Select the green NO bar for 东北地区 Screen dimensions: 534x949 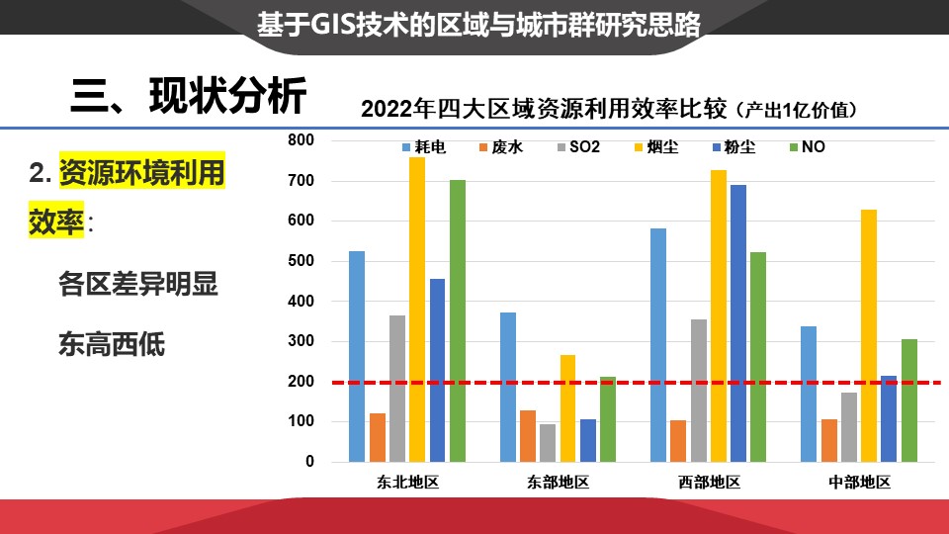click(x=457, y=320)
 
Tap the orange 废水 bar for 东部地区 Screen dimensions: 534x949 click(x=528, y=435)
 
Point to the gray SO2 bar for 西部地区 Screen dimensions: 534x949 click(x=698, y=390)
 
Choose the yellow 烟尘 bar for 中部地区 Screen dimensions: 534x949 click(x=869, y=335)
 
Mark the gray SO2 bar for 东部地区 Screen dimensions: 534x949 click(x=548, y=442)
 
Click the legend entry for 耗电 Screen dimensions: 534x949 click(x=423, y=147)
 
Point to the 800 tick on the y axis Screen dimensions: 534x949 click(x=302, y=140)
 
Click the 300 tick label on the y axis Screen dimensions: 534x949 click(x=302, y=341)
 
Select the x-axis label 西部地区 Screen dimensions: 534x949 click(x=709, y=484)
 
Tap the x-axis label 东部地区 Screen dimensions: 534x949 click(x=558, y=484)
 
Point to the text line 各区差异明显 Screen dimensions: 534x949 click(x=138, y=285)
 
